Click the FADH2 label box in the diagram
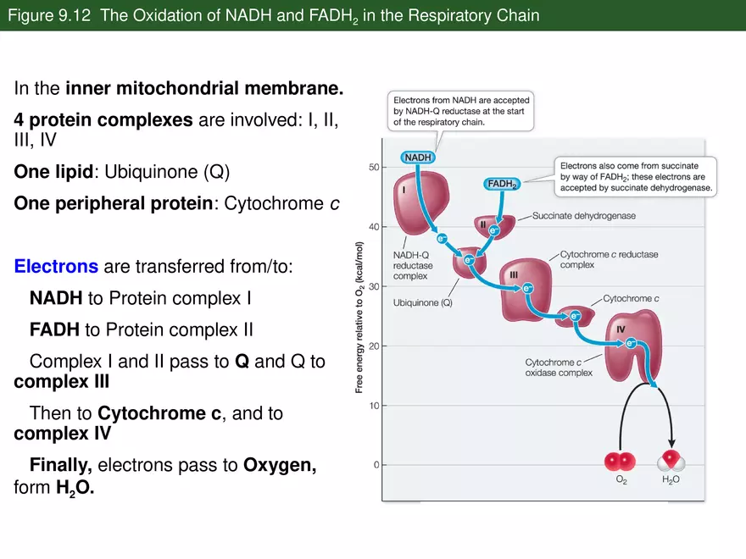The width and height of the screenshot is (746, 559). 503,183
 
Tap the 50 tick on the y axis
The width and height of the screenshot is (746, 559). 374,168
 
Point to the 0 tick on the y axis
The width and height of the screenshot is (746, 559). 376,465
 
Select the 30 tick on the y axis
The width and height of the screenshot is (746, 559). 374,286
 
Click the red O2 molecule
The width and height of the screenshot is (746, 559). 620,462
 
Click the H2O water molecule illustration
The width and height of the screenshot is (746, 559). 671,462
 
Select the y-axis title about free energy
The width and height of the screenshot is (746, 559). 359,318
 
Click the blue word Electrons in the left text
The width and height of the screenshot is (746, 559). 56,267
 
